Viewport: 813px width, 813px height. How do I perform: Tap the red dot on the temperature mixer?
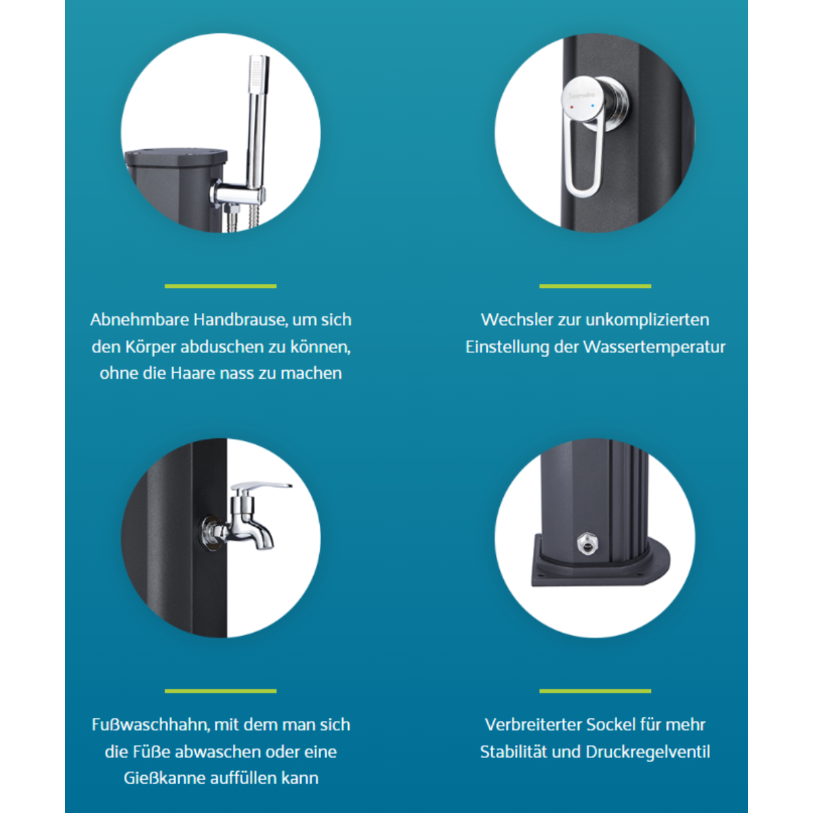(572, 107)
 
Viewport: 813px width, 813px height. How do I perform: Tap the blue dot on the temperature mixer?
(593, 106)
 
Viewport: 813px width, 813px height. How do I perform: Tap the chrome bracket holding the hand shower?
(238, 194)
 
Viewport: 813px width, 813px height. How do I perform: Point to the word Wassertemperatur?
(654, 348)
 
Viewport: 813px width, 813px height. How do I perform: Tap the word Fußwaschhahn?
(150, 725)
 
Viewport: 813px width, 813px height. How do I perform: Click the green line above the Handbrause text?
(221, 286)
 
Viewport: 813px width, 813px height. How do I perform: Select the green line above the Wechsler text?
(596, 286)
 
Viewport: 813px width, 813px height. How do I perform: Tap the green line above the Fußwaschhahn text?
(221, 691)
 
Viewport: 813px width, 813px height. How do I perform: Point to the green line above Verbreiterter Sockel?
(596, 691)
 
